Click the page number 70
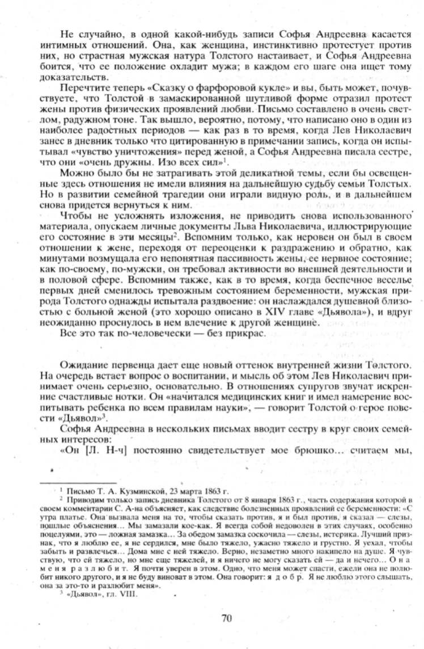coord(227,618)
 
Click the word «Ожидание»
coord(83,363)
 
